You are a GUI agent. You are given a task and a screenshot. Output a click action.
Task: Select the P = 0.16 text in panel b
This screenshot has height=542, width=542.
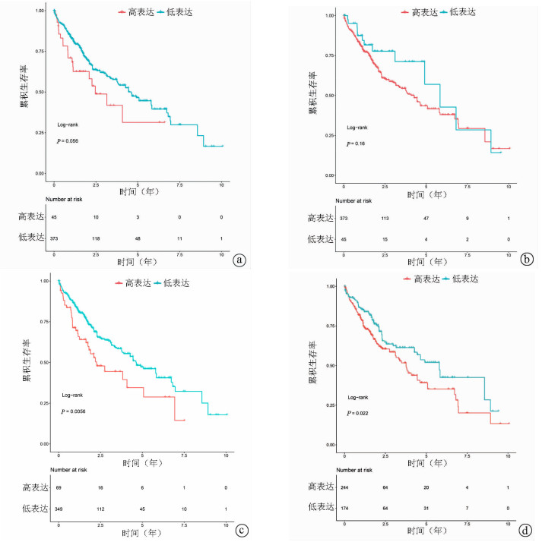[355, 143]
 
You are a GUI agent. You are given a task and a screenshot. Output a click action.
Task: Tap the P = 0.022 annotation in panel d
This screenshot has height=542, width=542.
[360, 413]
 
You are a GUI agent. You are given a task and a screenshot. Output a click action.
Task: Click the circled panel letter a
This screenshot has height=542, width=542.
[240, 260]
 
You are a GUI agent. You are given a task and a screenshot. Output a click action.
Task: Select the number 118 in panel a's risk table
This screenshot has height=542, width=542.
[95, 238]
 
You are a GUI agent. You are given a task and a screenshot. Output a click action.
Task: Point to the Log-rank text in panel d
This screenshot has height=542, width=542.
[360, 397]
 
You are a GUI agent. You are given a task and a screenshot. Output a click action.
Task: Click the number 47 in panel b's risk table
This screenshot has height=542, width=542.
[426, 218]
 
